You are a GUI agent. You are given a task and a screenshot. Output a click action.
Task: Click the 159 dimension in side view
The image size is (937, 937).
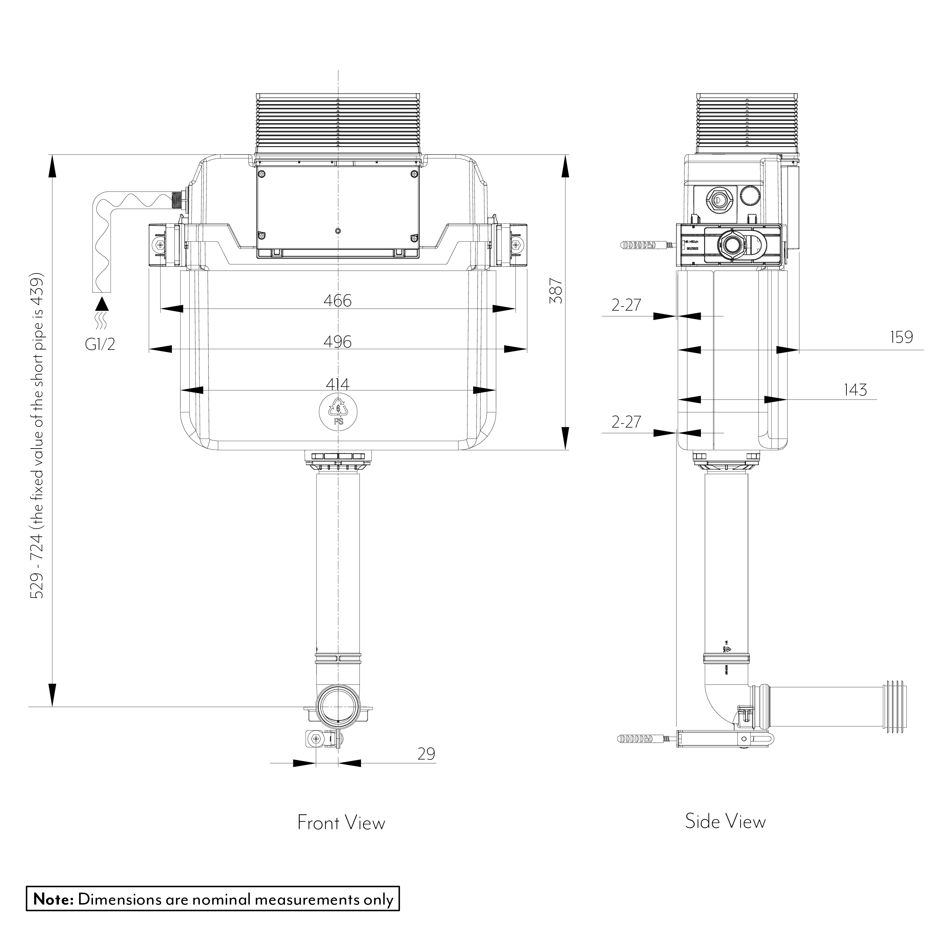pyautogui.click(x=901, y=337)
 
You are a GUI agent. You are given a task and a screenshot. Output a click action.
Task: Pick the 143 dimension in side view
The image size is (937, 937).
pyautogui.click(x=855, y=390)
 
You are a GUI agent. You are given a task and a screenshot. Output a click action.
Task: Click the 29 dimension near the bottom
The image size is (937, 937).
pyautogui.click(x=426, y=754)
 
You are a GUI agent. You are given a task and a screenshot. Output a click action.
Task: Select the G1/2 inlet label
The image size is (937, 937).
pyautogui.click(x=100, y=344)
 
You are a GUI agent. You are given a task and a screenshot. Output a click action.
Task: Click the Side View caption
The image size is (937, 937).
pyautogui.click(x=725, y=821)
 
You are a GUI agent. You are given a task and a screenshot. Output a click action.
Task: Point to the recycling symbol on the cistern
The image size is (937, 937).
pyautogui.click(x=338, y=411)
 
